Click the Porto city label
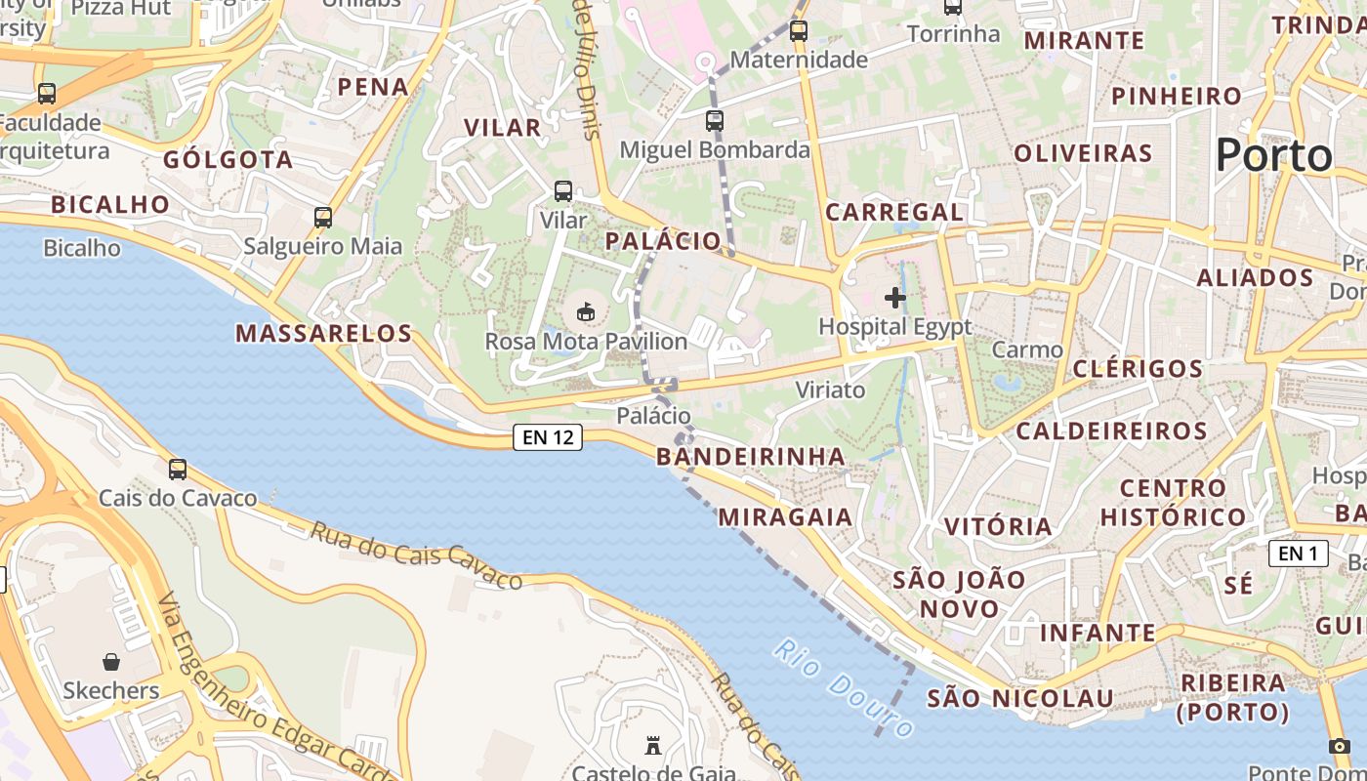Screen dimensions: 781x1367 pyautogui.click(x=1274, y=155)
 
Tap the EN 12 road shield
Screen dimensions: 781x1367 pyautogui.click(x=548, y=437)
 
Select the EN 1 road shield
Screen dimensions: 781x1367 pyautogui.click(x=1298, y=554)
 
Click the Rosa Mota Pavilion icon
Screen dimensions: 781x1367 pyautogui.click(x=586, y=312)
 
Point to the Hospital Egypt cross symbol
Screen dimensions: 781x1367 pyautogui.click(x=894, y=298)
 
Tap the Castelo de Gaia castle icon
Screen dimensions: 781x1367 pyautogui.click(x=653, y=747)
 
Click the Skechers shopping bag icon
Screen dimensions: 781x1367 pyautogui.click(x=111, y=662)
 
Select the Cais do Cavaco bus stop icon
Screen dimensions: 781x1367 pyautogui.click(x=178, y=470)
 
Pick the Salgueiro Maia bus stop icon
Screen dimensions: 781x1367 pyautogui.click(x=323, y=218)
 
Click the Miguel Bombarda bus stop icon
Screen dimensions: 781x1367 pyautogui.click(x=715, y=121)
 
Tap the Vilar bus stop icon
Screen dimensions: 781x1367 pyautogui.click(x=563, y=191)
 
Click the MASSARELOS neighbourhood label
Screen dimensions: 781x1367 pyautogui.click(x=324, y=334)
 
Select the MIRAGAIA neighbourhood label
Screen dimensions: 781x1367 pyautogui.click(x=786, y=517)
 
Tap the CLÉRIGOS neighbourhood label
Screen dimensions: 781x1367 pyautogui.click(x=1138, y=369)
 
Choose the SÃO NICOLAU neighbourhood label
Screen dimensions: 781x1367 pyautogui.click(x=1020, y=699)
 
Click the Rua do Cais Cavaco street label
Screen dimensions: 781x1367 pyautogui.click(x=417, y=556)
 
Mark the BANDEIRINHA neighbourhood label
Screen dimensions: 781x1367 pyautogui.click(x=751, y=457)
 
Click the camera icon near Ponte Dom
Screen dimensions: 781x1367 pyautogui.click(x=1339, y=747)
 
